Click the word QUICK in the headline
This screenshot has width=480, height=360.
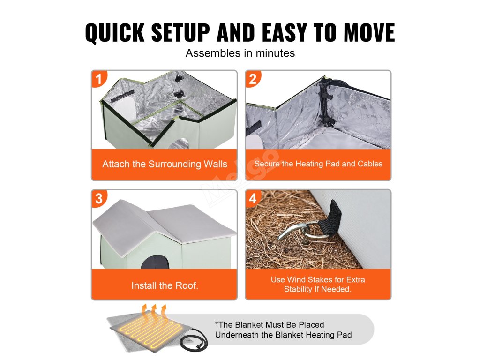pos(115,32)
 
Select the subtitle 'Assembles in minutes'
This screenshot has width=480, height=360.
pos(240,53)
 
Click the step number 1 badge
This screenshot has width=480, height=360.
pos(98,79)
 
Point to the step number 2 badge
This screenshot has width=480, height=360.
pos(253,79)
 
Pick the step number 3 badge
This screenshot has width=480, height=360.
pos(98,198)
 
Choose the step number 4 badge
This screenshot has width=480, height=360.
pos(253,198)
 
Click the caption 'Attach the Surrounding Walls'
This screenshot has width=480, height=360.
pos(165,164)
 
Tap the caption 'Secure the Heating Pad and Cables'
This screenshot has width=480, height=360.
pos(318,164)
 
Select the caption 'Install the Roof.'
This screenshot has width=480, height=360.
pos(165,285)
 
